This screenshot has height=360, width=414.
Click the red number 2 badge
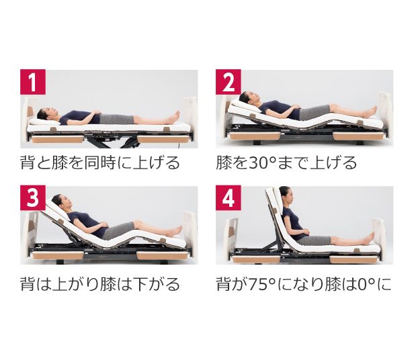pyautogui.click(x=229, y=83)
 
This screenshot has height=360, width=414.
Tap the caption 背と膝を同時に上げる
pyautogui.click(x=100, y=163)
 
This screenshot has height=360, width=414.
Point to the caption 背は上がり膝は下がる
pyautogui.click(x=100, y=284)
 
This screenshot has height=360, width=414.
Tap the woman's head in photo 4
pyautogui.click(x=285, y=194)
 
